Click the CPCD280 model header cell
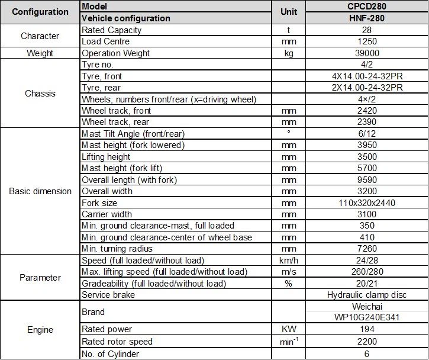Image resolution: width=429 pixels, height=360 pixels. coord(367,7)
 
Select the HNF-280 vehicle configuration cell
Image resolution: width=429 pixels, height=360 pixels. coord(367,18)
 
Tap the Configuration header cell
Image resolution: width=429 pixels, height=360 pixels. coord(40,12)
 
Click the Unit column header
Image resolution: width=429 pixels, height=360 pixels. coord(289,12)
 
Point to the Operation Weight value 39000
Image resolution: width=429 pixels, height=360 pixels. coord(367,53)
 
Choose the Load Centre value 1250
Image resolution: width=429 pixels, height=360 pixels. coord(367,41)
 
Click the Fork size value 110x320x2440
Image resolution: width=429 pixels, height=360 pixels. coord(367,202)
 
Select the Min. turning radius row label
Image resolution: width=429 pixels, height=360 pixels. coord(117,249)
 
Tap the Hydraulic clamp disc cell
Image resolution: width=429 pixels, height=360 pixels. coord(367,295)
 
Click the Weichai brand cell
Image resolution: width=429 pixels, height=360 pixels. coord(367,306)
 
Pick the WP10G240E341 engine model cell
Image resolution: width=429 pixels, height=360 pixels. coord(367,317)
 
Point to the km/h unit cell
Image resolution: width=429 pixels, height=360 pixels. coord(289,261)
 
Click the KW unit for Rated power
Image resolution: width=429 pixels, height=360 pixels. coord(289,329)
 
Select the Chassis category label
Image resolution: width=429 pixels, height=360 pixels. coord(40,94)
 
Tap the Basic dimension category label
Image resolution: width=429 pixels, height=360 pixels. coord(40,191)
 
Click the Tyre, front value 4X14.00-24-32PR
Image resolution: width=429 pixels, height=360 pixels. coord(367,76)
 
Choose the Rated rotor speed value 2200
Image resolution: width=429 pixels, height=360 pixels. coord(367,342)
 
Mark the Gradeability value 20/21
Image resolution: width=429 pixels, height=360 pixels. coord(367,284)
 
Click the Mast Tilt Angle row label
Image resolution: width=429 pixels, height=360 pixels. coord(133,134)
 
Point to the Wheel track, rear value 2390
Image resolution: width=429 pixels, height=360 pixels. coord(367,122)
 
